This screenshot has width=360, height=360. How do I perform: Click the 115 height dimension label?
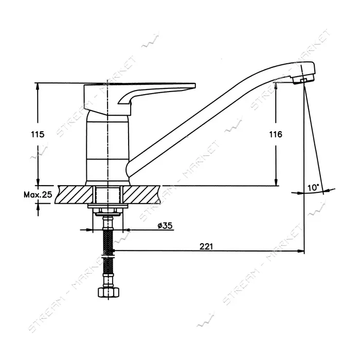click(x=38, y=134)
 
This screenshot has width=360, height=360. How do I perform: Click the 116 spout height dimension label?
click(x=276, y=134)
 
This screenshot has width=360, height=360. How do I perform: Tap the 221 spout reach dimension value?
click(x=206, y=246)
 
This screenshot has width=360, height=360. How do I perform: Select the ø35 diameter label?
click(x=165, y=225)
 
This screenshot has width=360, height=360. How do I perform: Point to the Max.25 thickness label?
click(x=38, y=195)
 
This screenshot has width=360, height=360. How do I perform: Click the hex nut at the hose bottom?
click(x=109, y=292)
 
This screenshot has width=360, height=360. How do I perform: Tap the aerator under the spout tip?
click(x=303, y=79)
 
